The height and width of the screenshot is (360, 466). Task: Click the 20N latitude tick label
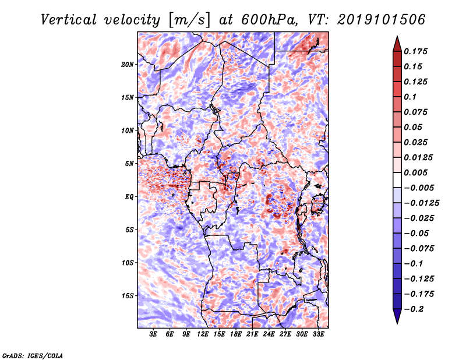[128, 64]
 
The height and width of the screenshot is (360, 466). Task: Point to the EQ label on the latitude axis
[129, 197]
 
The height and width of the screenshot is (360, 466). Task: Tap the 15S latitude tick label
[128, 296]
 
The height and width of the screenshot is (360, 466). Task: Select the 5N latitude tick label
[129, 164]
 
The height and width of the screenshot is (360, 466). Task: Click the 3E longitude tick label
[153, 334]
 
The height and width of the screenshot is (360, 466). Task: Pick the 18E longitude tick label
[236, 334]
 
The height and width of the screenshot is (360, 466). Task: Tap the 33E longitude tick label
[318, 334]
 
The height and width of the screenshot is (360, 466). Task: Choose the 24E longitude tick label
[269, 334]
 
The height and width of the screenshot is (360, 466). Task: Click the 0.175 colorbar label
[416, 51]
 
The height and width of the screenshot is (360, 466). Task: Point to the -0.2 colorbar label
[414, 309]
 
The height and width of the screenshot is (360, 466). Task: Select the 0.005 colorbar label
[416, 172]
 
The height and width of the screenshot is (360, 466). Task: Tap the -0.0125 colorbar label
[422, 203]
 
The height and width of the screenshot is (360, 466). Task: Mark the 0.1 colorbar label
[411, 97]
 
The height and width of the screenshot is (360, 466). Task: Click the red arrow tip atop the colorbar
[397, 37]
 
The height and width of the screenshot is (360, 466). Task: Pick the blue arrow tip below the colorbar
[397, 323]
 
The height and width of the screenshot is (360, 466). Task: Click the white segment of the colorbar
[397, 180]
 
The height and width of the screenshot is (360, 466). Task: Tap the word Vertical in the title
[69, 20]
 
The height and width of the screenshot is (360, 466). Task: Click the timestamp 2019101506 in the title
[381, 20]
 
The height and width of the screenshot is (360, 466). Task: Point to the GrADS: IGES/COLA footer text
[33, 355]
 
